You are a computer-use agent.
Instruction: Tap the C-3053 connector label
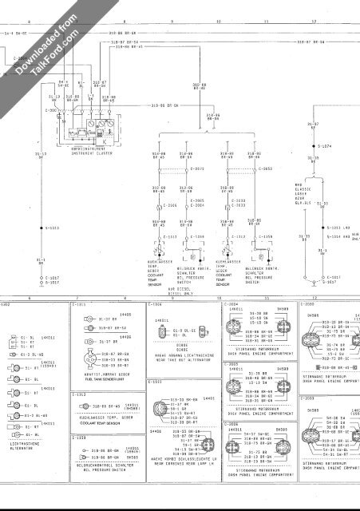(x=267, y=169)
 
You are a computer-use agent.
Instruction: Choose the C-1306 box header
(x=155, y=305)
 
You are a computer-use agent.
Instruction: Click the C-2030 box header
(x=307, y=305)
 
